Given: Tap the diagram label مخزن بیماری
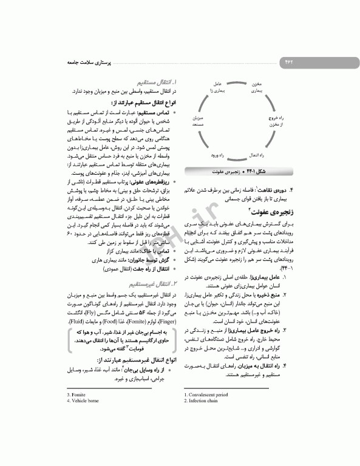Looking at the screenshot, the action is pos(257,87).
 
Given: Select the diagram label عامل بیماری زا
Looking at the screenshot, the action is pos(217,87).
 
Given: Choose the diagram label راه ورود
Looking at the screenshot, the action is pos(217,155).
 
